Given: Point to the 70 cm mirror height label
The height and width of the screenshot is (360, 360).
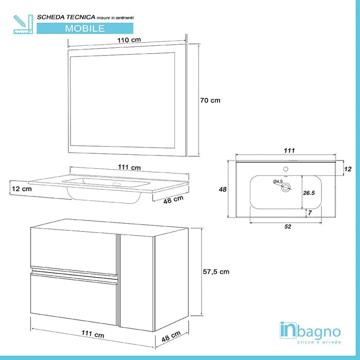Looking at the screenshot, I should pyautogui.click(x=210, y=100).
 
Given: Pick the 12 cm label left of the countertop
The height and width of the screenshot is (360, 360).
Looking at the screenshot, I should pyautogui.click(x=21, y=189).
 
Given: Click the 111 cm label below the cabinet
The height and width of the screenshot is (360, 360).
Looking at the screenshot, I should pyautogui.click(x=93, y=335).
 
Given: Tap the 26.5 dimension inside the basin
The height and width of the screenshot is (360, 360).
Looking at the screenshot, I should pyautogui.click(x=309, y=193).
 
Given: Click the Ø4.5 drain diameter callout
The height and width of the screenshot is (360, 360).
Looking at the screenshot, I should pyautogui.click(x=278, y=182).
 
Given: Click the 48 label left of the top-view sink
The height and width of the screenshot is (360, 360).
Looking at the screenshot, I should pyautogui.click(x=223, y=189).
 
